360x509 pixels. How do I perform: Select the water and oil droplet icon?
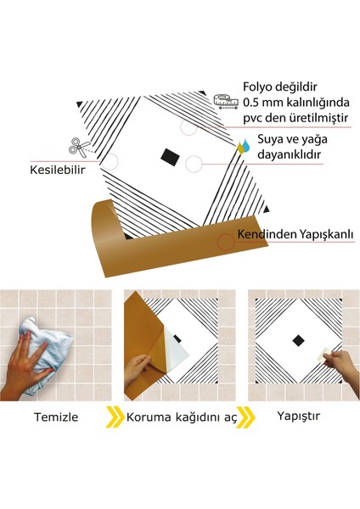pos(245,143)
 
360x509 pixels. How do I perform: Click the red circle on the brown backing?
pos(225,241)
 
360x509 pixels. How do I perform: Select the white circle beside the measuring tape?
pos(189,126)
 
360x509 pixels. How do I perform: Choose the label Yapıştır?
pos(298,417)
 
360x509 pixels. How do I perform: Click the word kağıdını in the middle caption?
pos(194,417)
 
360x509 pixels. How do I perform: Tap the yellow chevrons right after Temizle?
pos(115,417)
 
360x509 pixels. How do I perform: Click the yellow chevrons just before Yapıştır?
pos(245,417)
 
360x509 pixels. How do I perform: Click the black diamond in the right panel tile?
pos(298,341)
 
